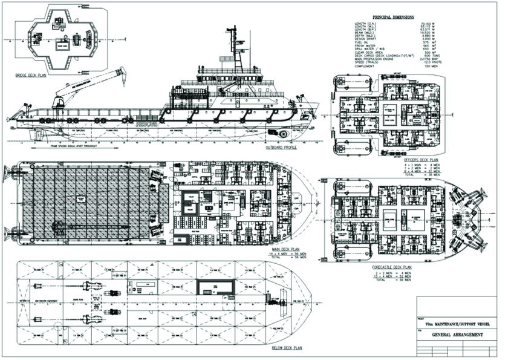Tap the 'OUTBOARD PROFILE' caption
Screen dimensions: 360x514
click(x=281, y=147)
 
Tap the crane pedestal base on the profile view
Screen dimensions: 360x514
click(x=59, y=105)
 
